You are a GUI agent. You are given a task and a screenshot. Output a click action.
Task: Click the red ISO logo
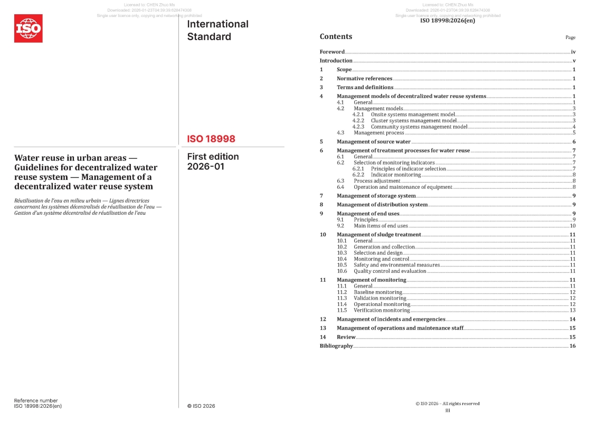coord(29,28)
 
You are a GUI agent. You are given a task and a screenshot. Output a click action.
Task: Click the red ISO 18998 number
coord(211,139)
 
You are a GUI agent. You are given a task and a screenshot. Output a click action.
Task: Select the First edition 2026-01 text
coord(213,161)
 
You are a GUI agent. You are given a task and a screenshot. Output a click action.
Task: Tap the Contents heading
coord(336,36)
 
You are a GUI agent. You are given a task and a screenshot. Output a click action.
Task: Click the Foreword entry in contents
coord(332,52)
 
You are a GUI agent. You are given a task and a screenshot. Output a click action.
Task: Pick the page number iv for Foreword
coord(573,52)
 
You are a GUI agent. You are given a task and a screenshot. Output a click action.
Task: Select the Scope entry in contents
coord(344,70)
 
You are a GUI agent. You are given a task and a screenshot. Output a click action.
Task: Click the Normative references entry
coord(364,79)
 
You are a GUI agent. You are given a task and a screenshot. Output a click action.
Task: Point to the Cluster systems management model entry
coord(413,120)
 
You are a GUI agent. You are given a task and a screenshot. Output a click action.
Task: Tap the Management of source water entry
coord(373,141)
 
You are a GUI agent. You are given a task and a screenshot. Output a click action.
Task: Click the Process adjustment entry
coord(377,181)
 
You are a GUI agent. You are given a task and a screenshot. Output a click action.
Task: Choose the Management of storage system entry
coord(376,196)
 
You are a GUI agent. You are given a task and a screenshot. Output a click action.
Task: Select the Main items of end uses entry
coord(381,226)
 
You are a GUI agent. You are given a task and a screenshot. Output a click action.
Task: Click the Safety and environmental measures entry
coord(396,265)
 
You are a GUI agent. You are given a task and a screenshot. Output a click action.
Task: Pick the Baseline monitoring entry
coord(377,292)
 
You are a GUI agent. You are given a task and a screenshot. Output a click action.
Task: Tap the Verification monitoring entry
coord(382,310)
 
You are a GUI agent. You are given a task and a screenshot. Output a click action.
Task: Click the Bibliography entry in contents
coord(336,346)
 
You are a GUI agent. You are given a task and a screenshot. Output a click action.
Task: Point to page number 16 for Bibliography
coord(572,346)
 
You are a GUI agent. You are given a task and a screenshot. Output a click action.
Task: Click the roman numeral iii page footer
coord(448,410)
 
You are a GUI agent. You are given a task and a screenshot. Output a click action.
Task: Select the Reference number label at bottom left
coord(36,400)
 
